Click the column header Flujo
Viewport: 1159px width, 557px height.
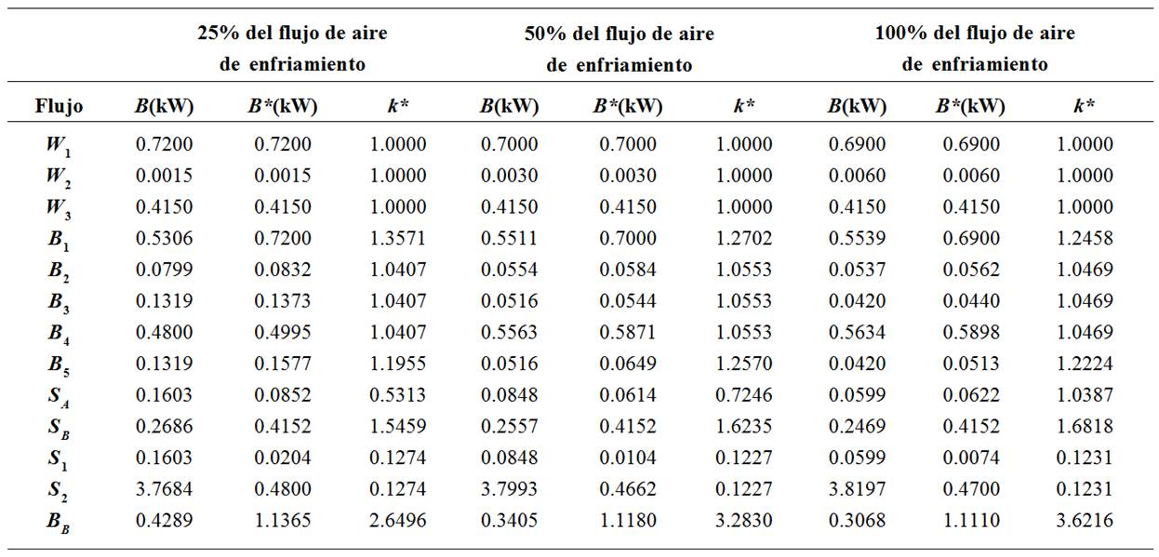[x=59, y=106]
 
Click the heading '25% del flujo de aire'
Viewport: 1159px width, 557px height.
[x=292, y=33]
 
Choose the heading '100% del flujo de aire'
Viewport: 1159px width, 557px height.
[x=975, y=33]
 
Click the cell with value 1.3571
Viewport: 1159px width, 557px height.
[x=398, y=238]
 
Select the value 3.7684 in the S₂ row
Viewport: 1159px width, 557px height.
[x=165, y=489]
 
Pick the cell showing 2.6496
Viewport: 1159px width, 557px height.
[x=398, y=521]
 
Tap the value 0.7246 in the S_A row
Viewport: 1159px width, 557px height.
[x=743, y=395]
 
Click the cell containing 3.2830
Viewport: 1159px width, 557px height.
[x=743, y=521]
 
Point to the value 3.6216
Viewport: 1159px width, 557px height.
[x=1085, y=521]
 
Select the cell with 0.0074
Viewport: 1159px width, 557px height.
[x=970, y=458]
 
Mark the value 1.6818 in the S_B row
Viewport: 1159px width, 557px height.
[x=1085, y=426]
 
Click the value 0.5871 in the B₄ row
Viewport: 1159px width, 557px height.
[x=628, y=332]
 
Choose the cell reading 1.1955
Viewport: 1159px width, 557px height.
[x=398, y=364]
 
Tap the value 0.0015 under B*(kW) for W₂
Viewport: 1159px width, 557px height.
[x=283, y=175]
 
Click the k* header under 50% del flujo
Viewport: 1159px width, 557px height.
[x=742, y=106]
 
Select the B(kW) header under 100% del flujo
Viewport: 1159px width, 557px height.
[x=857, y=106]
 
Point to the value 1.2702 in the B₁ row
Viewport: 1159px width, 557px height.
[x=743, y=238]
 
